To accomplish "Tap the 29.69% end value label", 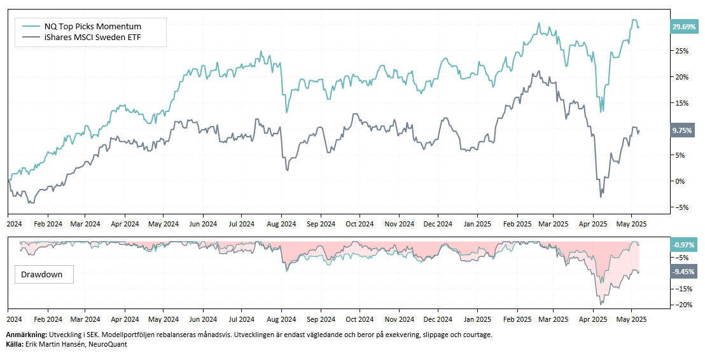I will point(684,27).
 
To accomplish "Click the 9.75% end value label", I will point(683,130).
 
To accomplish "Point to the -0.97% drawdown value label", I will point(683,245).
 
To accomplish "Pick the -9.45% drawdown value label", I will point(683,272).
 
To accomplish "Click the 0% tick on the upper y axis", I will point(680,181).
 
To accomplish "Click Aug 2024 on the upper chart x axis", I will point(281,224).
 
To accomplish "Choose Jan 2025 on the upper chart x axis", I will point(477,224).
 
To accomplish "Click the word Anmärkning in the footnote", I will point(26,335).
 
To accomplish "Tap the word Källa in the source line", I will point(14,344).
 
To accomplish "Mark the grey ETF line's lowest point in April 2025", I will point(601,197).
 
